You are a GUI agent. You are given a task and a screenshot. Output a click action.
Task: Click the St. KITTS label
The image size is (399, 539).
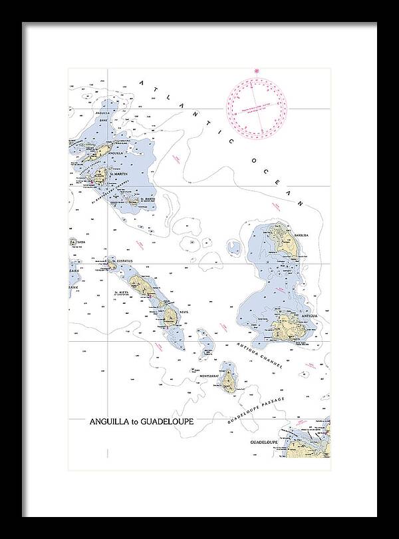122,292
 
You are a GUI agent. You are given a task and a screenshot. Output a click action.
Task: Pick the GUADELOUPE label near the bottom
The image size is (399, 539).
263,442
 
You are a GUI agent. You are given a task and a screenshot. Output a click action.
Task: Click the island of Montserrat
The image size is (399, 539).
229,380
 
